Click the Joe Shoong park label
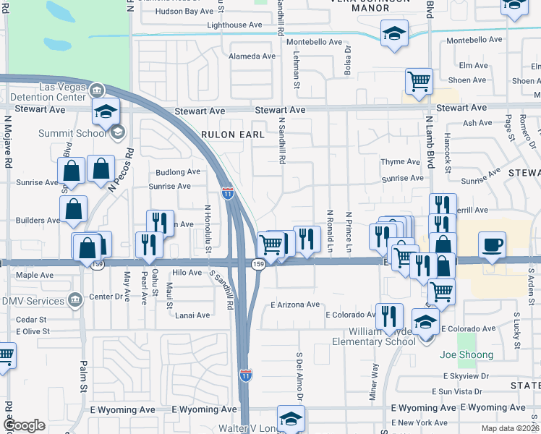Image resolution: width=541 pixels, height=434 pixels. pyautogui.click(x=467, y=355)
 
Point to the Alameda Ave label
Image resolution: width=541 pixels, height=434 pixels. pyautogui.click(x=252, y=56)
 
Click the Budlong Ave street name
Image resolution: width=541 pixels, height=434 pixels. pyautogui.click(x=178, y=172)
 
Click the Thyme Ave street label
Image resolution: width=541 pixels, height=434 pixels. pyautogui.click(x=400, y=162)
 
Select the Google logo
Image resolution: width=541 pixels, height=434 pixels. pyautogui.click(x=25, y=425)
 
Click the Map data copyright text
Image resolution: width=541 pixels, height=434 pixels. pyautogui.click(x=511, y=428)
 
